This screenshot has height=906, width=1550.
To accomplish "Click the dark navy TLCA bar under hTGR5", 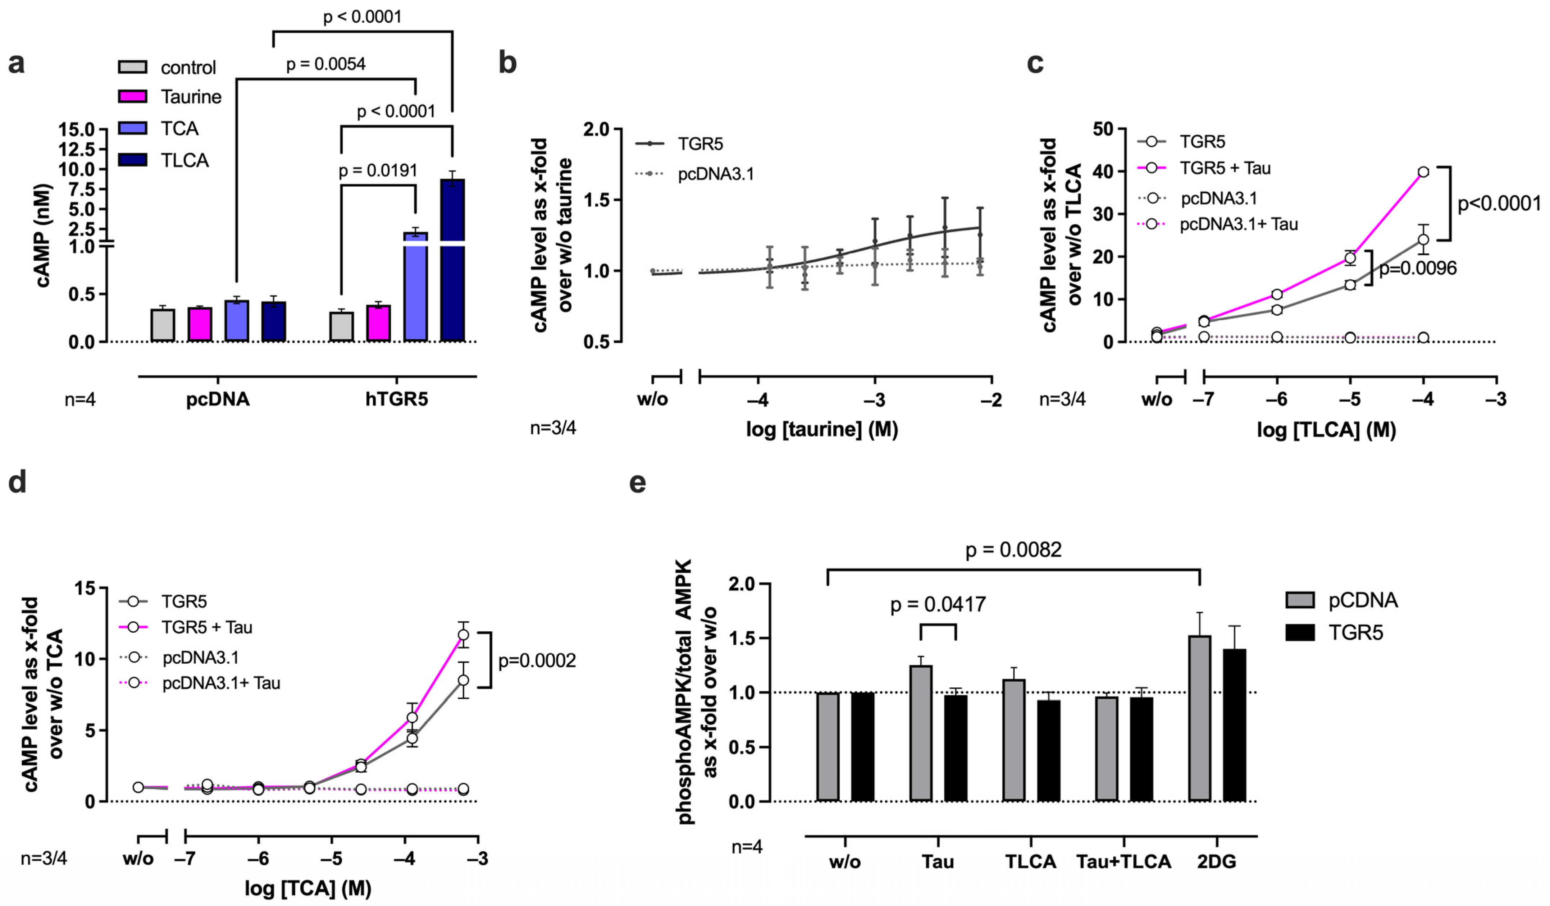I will pyautogui.click(x=452, y=265).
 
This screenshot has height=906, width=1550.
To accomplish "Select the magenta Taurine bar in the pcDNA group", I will pyautogui.click(x=200, y=324).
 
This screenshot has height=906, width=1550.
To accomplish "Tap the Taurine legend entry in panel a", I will pyautogui.click(x=191, y=97).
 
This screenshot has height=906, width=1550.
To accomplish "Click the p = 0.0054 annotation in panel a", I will pyautogui.click(x=325, y=64).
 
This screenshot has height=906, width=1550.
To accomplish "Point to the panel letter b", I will pyautogui.click(x=507, y=63).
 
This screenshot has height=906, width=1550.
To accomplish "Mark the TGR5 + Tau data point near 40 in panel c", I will pyautogui.click(x=1423, y=171).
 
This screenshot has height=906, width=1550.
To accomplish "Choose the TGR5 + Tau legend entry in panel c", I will pyautogui.click(x=1224, y=168).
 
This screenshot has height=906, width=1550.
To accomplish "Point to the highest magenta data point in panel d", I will pyautogui.click(x=463, y=634).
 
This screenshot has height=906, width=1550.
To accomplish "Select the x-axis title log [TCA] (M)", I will pyautogui.click(x=307, y=888).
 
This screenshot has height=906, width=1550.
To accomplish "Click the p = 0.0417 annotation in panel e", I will pyautogui.click(x=938, y=605).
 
